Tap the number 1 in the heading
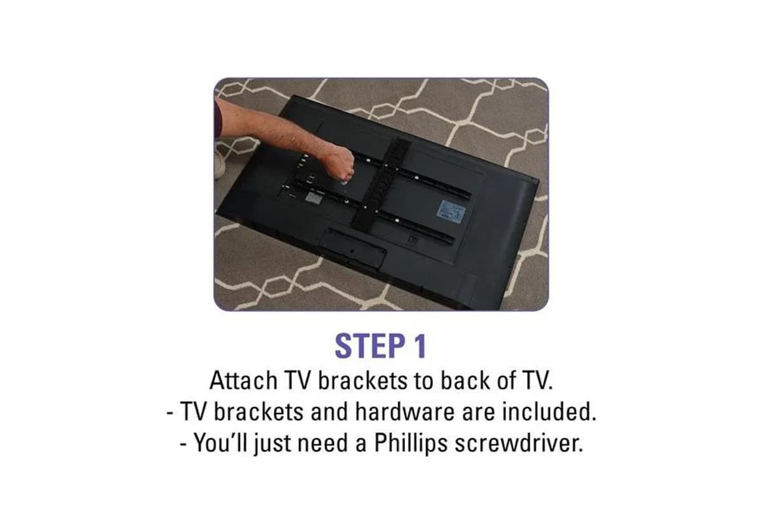pos(420,346)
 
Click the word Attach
pos(244,380)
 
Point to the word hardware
pos(405,411)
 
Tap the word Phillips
pos(411,443)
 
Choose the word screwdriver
pos(519,443)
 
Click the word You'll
pos(220,443)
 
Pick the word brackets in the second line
pos(258,411)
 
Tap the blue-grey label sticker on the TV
pos(451,211)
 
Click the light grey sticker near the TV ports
pos(313,197)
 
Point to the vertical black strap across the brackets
pos(381,184)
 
